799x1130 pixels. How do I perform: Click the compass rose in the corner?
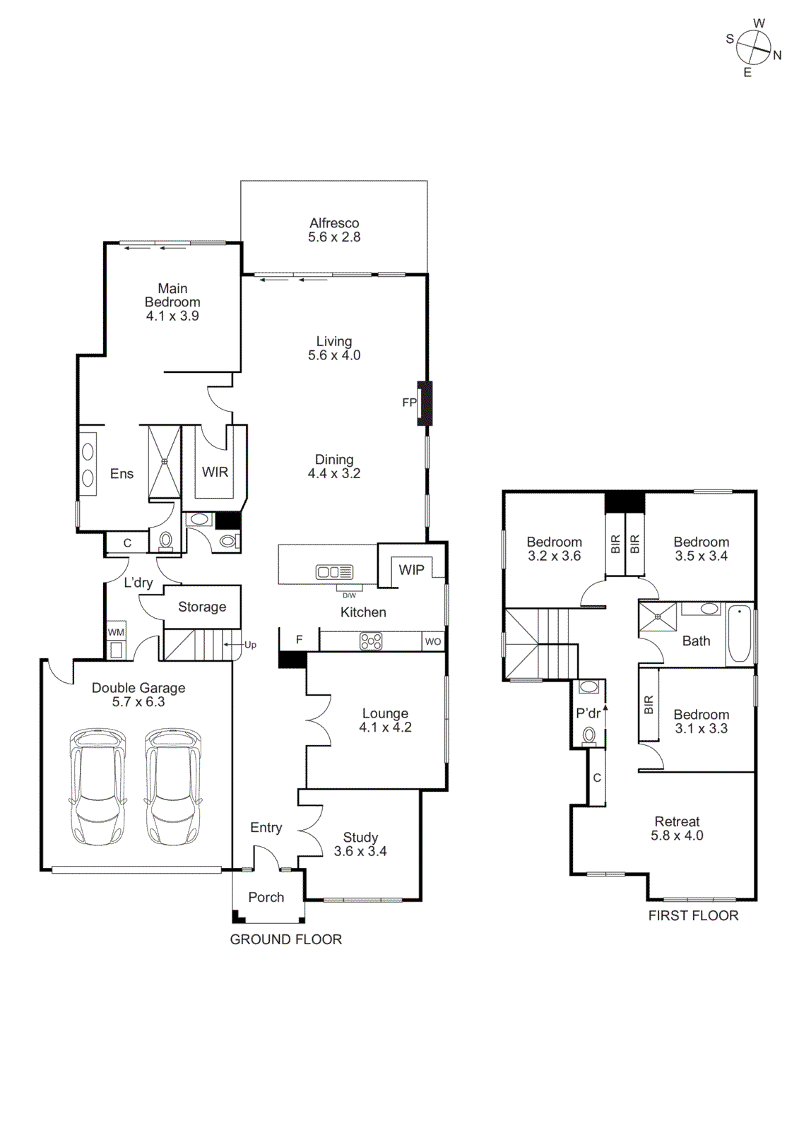[x=754, y=48]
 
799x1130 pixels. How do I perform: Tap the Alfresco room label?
[x=334, y=223]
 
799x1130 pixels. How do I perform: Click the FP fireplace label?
[x=409, y=403]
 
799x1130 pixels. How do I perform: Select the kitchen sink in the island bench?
[x=334, y=571]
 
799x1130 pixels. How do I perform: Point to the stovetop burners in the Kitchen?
[x=371, y=641]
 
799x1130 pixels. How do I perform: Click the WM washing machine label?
[x=116, y=632]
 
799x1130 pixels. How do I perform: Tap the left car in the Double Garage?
[x=97, y=787]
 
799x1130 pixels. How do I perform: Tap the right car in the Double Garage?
[x=173, y=787]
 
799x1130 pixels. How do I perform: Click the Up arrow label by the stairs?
[x=250, y=645]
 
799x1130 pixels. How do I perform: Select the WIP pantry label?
[x=411, y=570]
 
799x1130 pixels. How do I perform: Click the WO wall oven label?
[x=433, y=641]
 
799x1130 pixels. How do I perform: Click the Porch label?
[x=266, y=897]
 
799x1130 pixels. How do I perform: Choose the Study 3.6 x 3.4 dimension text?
[x=360, y=852]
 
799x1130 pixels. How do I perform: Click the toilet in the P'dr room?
[x=589, y=736]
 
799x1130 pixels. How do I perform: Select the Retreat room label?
[x=677, y=821]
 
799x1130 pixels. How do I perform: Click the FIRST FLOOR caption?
[x=693, y=915]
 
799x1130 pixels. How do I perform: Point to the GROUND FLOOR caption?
[x=285, y=939]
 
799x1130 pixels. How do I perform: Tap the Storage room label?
[x=202, y=607]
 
